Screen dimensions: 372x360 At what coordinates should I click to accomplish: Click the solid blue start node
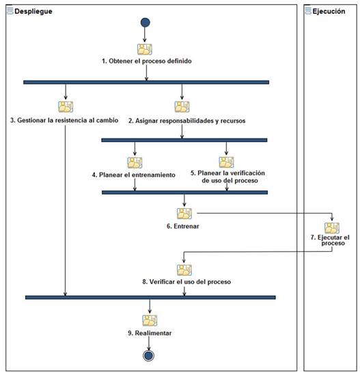(x=145, y=23)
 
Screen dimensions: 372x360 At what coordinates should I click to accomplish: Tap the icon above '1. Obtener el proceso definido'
(x=145, y=49)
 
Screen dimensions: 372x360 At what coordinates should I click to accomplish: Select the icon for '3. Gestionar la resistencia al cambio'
(x=66, y=106)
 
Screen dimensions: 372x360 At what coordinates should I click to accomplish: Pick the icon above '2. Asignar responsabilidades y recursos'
(x=182, y=106)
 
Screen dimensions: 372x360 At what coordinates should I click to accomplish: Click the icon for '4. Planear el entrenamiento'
(x=135, y=162)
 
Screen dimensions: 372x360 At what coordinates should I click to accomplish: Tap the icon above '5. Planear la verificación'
(x=226, y=162)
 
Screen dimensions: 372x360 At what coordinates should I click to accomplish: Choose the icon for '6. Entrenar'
(x=184, y=213)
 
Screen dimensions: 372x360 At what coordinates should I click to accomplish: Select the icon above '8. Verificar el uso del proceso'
(x=184, y=270)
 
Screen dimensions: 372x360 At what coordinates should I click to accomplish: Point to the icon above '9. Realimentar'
(x=150, y=320)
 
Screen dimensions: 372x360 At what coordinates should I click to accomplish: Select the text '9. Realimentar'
(x=149, y=332)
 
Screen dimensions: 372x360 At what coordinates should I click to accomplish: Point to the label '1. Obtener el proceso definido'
(x=147, y=61)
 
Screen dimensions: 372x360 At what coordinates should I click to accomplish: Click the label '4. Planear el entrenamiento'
(x=134, y=174)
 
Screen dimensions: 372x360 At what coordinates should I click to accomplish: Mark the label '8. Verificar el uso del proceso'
(x=186, y=281)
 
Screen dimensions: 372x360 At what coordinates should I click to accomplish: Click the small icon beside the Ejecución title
(x=307, y=12)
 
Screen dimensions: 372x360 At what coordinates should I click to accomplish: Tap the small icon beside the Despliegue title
(x=10, y=12)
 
